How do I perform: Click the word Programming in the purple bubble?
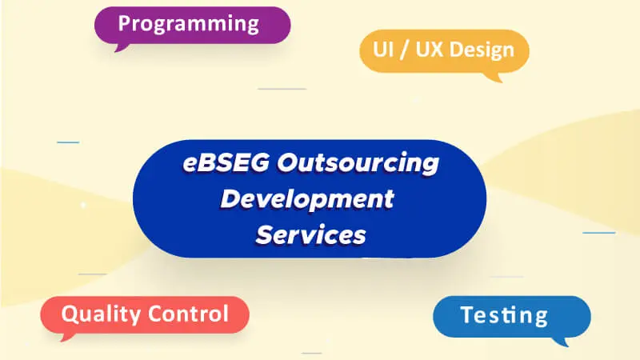188,23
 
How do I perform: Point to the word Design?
482,50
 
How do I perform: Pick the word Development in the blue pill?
307,198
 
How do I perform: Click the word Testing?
504,314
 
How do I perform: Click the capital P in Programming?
125,23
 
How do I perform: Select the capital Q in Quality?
69,313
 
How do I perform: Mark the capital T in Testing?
467,314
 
